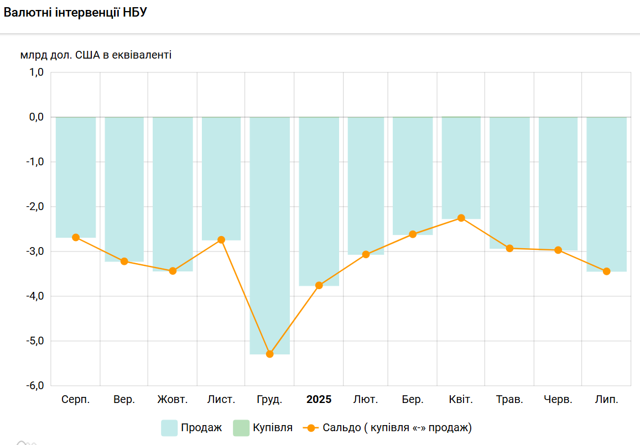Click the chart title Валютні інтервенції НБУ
[75, 13]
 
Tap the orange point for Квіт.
[461, 218]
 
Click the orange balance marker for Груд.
[270, 354]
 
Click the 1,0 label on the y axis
[35, 72]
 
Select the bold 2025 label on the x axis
[319, 400]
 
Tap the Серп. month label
[76, 400]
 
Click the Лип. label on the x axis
[606, 400]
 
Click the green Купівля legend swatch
[241, 428]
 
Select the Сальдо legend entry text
[397, 428]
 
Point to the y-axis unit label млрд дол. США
[96, 55]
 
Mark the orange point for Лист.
[221, 240]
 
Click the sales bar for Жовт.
[173, 193]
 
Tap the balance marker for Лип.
[606, 271]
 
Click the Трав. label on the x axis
[509, 400]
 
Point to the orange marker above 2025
[319, 285]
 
